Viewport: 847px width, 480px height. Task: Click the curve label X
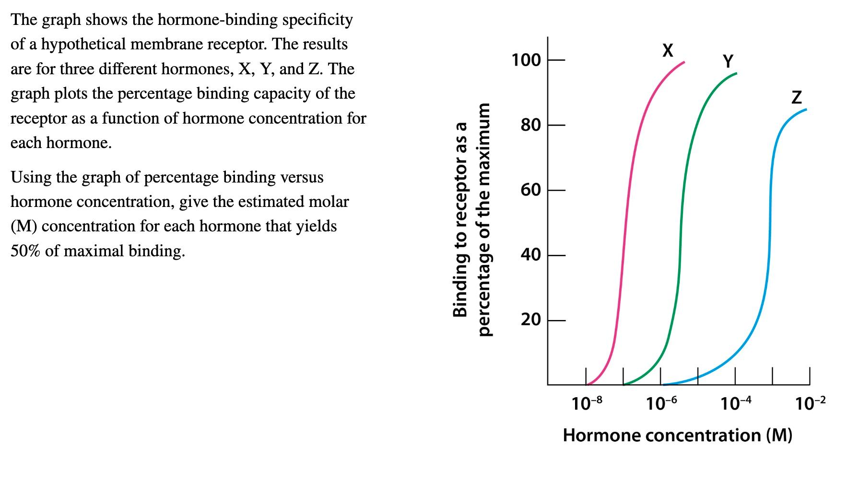click(667, 50)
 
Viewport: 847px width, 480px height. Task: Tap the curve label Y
click(728, 61)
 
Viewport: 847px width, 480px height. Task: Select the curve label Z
click(796, 97)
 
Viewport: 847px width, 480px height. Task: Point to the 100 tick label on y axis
click(526, 60)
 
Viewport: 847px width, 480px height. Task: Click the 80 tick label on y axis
click(531, 126)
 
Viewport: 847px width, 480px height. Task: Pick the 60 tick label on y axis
click(531, 190)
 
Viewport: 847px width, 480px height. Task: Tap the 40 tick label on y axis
click(531, 255)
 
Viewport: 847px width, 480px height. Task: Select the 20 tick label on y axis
click(531, 320)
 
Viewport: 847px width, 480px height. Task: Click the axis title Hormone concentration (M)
click(677, 435)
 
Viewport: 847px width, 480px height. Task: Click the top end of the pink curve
click(684, 62)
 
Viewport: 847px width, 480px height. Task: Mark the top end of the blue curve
click(806, 110)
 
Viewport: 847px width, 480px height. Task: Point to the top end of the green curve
click(736, 74)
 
